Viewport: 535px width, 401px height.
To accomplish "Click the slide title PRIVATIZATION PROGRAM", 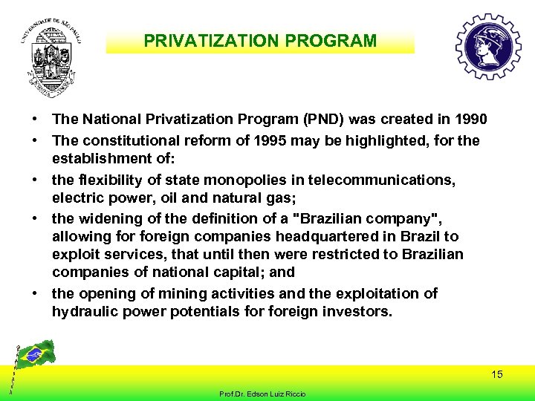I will tap(260, 41).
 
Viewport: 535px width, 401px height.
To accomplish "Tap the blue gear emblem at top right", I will tap(487, 46).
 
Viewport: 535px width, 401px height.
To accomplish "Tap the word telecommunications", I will tap(391, 180).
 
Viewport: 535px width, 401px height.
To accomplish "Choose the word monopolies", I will tap(236, 180).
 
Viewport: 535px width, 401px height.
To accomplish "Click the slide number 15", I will tap(496, 374).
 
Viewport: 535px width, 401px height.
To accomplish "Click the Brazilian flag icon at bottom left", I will tap(34, 354).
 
